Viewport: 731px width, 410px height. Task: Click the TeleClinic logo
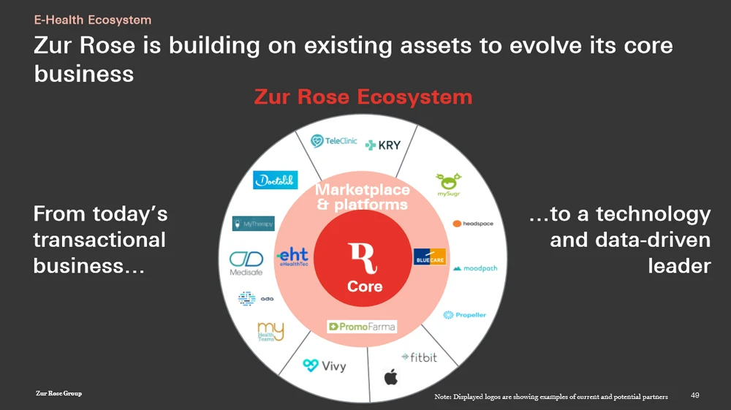(x=334, y=141)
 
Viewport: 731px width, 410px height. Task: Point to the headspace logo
(x=473, y=224)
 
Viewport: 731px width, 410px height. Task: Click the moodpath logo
(x=475, y=269)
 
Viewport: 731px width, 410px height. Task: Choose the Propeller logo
(x=464, y=315)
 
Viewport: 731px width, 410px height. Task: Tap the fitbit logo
(x=419, y=357)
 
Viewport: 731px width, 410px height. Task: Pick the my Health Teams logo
(x=270, y=332)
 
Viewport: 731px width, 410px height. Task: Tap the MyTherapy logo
(x=253, y=224)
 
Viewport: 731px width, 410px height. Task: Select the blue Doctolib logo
(x=275, y=180)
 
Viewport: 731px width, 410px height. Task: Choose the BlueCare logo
(x=430, y=257)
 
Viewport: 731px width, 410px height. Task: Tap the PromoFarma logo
(x=362, y=327)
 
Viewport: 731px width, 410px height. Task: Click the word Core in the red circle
(x=365, y=286)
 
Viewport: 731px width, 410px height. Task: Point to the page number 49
(x=695, y=395)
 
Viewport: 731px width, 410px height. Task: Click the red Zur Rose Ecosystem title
(x=363, y=96)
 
